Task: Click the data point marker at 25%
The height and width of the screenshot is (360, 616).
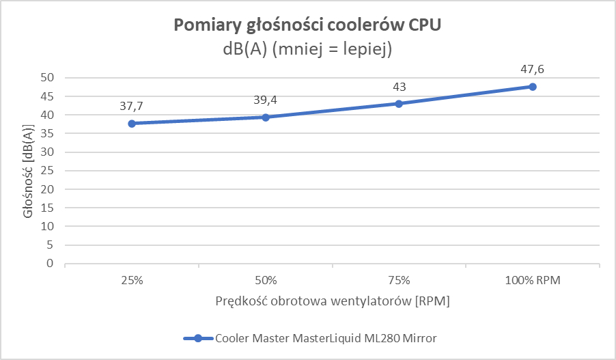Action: click(131, 124)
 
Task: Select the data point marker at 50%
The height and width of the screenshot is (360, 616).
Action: click(265, 117)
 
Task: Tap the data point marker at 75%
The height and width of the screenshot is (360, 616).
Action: click(399, 104)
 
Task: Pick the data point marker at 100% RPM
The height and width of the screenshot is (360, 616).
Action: click(533, 87)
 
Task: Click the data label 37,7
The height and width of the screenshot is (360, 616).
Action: click(131, 107)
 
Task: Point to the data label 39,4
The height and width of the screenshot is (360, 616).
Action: click(265, 100)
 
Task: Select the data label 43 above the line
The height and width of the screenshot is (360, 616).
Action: click(399, 87)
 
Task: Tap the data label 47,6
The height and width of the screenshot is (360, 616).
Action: click(533, 70)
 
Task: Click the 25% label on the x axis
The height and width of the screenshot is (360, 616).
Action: click(131, 280)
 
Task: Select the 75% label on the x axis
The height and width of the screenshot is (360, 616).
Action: click(399, 280)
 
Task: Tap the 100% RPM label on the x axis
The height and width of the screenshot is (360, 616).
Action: click(533, 280)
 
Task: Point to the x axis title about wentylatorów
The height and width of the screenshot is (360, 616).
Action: click(333, 301)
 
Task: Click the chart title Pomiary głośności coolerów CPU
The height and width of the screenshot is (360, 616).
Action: click(308, 25)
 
